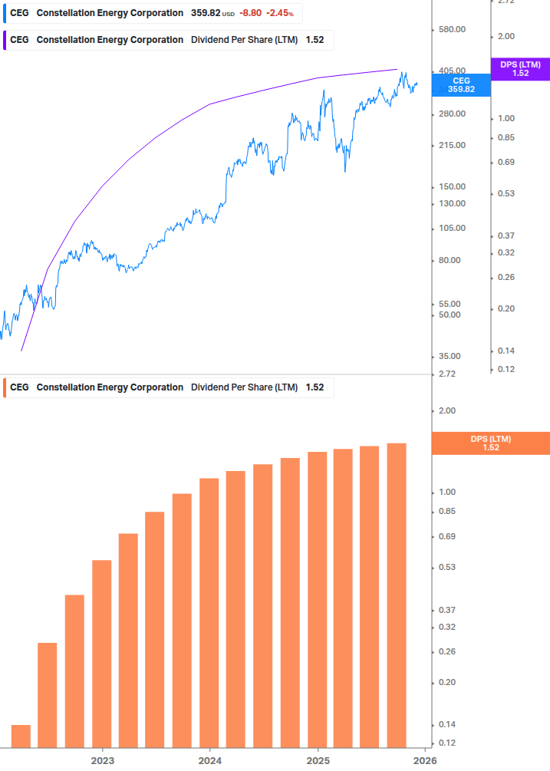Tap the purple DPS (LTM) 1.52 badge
point(520,69)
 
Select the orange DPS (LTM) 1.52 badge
point(491,443)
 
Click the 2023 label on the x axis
point(102,760)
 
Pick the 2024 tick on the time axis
point(209,760)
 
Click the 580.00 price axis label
point(450,30)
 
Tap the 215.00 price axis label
point(450,146)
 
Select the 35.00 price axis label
point(448,357)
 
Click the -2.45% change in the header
point(280,13)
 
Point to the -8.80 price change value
point(250,13)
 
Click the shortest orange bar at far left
point(21,736)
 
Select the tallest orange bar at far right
point(397,595)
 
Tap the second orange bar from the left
point(48,694)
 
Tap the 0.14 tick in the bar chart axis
point(446,725)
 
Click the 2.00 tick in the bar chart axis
point(446,411)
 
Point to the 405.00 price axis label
point(450,71)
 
